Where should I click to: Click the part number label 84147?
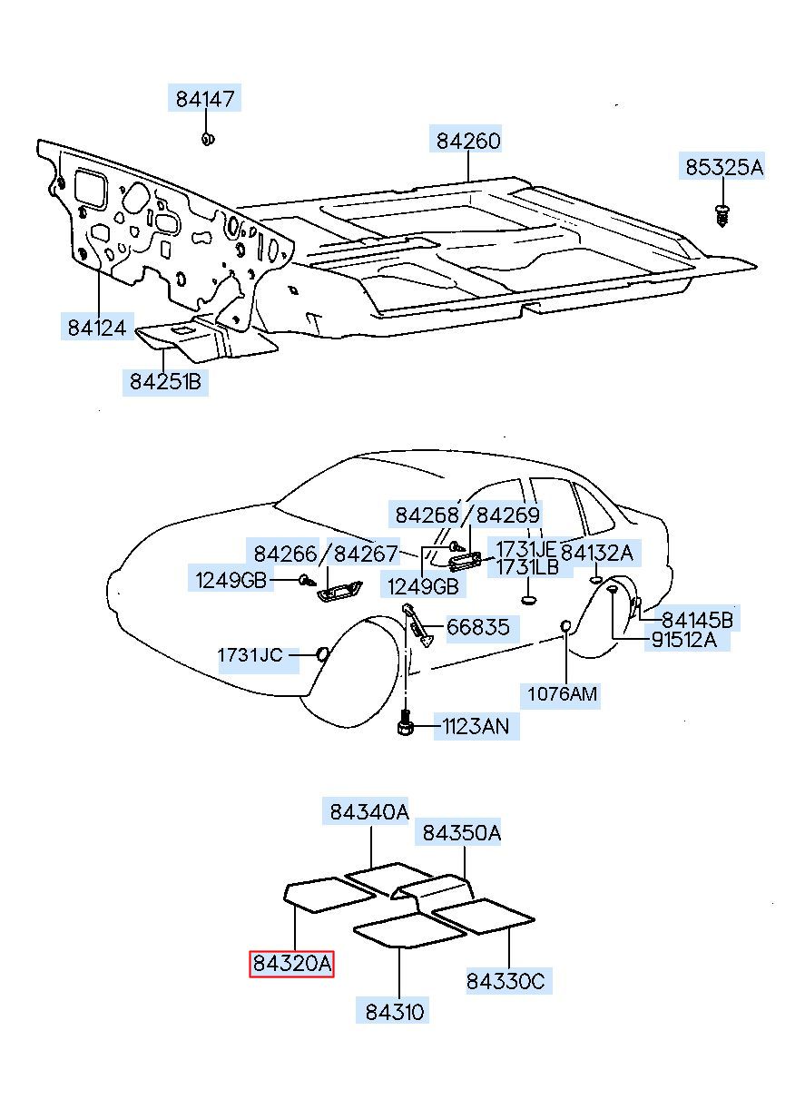[203, 98]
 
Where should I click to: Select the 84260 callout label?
[468, 141]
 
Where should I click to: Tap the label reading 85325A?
[723, 167]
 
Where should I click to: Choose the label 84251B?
[165, 382]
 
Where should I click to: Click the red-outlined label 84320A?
[292, 964]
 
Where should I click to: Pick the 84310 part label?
[396, 1010]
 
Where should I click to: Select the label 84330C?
[509, 981]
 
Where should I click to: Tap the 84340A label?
[368, 812]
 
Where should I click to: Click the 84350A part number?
[460, 832]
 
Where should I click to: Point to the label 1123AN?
[476, 726]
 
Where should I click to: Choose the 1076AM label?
[564, 694]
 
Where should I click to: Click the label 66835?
[477, 627]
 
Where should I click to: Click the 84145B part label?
[697, 620]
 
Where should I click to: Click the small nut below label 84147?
[208, 140]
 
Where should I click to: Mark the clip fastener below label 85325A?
[723, 215]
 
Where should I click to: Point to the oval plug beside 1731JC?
[321, 653]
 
